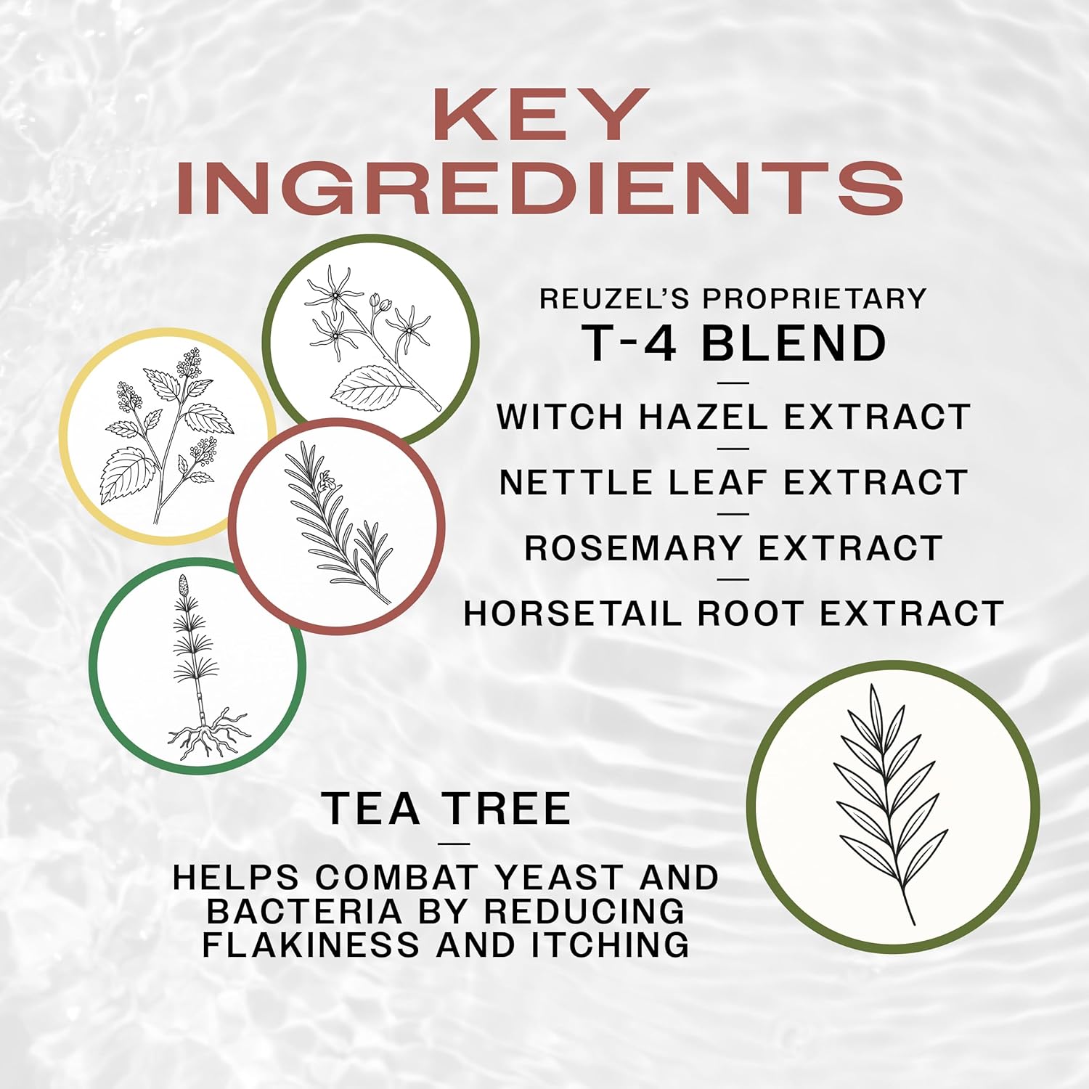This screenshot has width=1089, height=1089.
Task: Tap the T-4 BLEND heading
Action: (x=734, y=343)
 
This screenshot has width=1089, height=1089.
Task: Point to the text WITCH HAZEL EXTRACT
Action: (x=733, y=417)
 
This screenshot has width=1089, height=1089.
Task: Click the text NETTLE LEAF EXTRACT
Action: (x=733, y=483)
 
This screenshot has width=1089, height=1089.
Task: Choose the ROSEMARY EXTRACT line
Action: (x=733, y=548)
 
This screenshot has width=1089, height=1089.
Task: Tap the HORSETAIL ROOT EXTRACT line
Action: (x=733, y=614)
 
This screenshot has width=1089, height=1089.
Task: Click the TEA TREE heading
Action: (x=446, y=809)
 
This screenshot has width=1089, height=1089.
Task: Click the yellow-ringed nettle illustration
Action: (x=166, y=436)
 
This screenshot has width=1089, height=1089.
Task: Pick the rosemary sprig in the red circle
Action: (x=337, y=526)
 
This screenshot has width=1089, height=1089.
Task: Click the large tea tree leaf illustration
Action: (x=892, y=806)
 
